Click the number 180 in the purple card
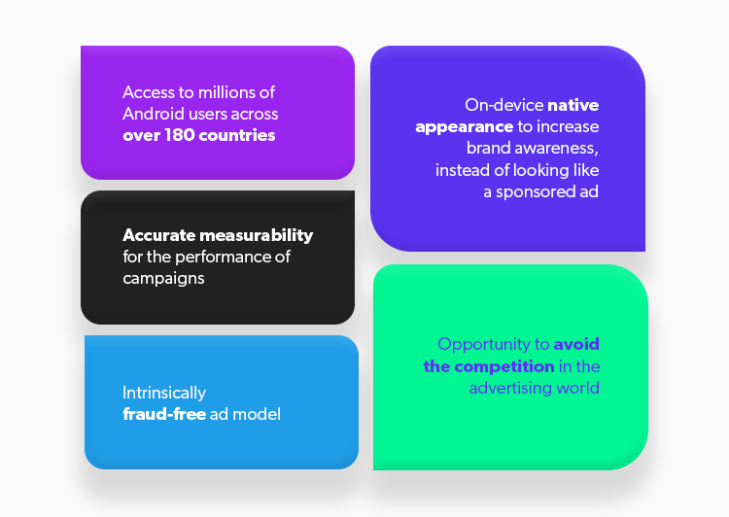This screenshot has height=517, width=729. (180, 135)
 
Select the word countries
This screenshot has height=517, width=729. (237, 135)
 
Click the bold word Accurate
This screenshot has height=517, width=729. (159, 235)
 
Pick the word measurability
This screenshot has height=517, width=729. (257, 236)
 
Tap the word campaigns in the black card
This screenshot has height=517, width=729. (163, 279)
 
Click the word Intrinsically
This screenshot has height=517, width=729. (164, 394)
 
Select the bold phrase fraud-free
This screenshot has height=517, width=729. (164, 414)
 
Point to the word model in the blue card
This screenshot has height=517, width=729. (257, 414)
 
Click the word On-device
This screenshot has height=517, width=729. (504, 105)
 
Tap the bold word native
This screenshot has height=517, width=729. (573, 105)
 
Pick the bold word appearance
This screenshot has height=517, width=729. (464, 127)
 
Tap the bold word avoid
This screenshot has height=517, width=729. (576, 345)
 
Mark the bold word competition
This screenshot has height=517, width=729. (503, 366)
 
